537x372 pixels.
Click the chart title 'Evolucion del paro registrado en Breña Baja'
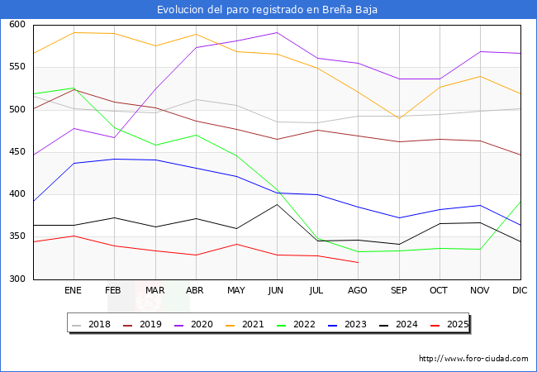coord(268,9)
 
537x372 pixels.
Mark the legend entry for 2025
coord(455,324)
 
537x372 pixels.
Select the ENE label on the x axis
coord(74,291)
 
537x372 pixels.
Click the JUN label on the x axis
coord(277,291)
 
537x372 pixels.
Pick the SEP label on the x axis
coord(398,291)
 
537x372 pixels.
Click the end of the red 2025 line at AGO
coord(358,263)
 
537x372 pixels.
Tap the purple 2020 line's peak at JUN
coord(277,33)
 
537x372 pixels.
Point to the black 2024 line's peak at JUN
coord(277,204)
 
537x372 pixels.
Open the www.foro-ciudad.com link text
coord(473,359)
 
